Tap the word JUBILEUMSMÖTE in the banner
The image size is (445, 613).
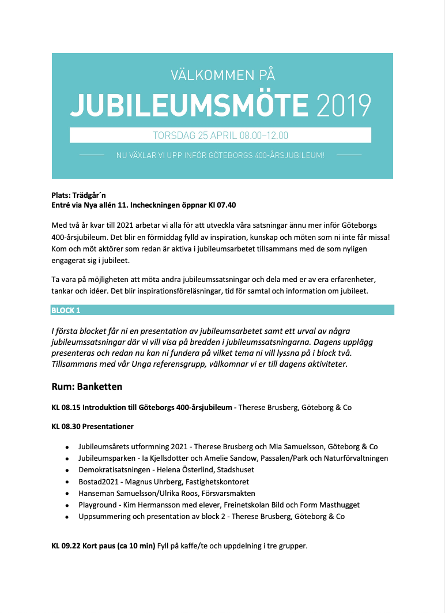[x=189, y=106]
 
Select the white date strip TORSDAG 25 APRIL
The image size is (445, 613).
[x=220, y=136]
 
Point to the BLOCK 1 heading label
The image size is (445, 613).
[x=66, y=310]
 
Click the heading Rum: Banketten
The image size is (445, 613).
[x=86, y=386]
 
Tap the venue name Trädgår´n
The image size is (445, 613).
[x=89, y=195]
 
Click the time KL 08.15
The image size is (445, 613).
[x=65, y=408]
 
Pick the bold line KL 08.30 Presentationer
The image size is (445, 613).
[x=92, y=427]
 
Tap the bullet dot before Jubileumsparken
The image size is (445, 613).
[x=67, y=459]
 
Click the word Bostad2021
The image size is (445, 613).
[x=97, y=482]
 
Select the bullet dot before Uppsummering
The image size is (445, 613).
[x=67, y=517]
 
